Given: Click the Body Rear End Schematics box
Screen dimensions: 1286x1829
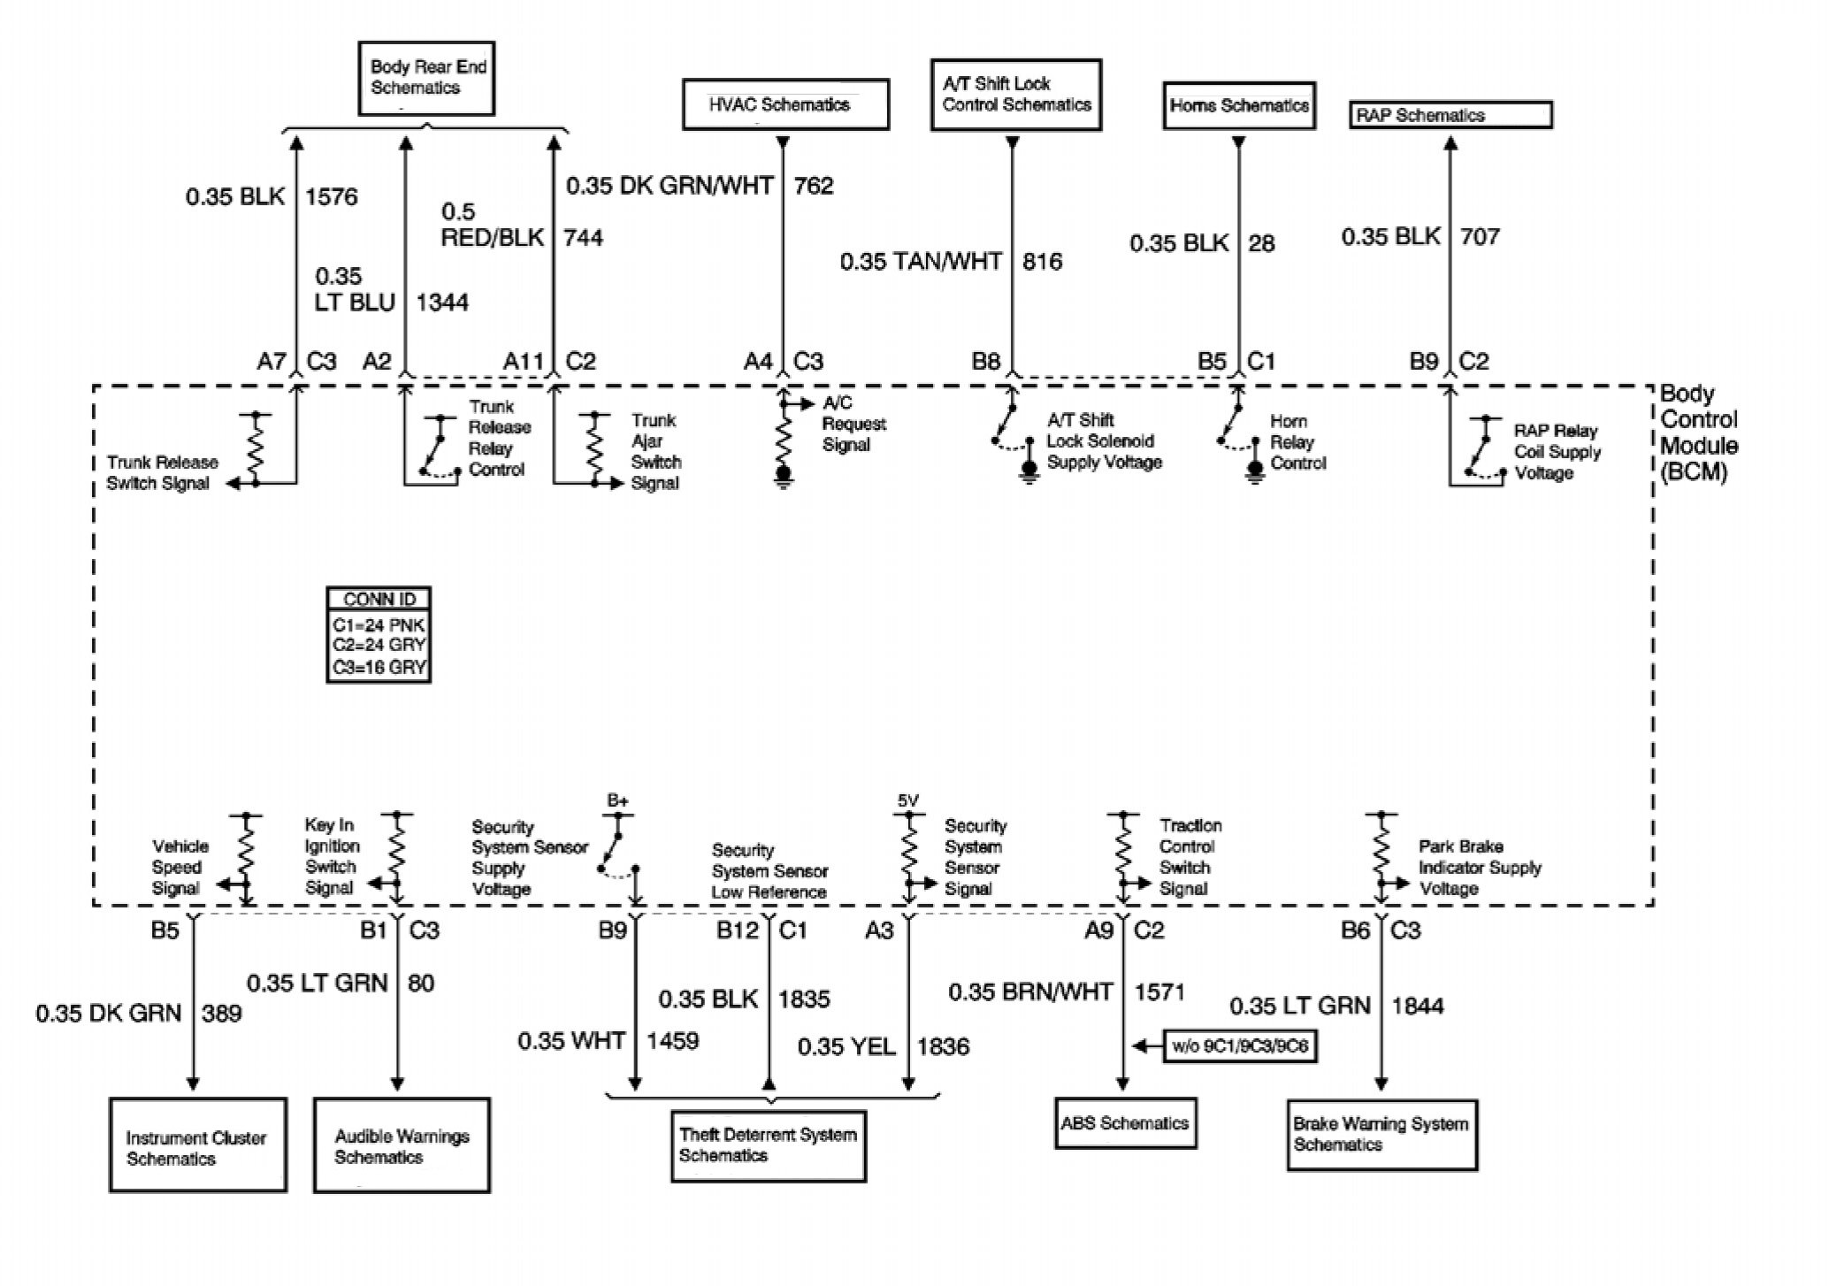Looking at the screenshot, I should click(426, 78).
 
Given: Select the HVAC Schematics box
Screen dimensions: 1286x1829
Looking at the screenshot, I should click(785, 105).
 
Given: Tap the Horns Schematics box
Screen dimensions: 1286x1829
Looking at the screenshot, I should click(1238, 106).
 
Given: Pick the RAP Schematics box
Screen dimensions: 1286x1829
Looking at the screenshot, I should click(1450, 115).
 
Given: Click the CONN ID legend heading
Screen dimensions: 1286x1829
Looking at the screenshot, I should click(379, 599).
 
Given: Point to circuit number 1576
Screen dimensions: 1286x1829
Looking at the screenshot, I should click(332, 196).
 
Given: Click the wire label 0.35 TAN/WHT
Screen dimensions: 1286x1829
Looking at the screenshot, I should click(921, 262).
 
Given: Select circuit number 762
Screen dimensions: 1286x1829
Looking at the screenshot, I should click(814, 186).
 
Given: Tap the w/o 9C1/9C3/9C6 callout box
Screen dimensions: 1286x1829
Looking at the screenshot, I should click(1240, 1047).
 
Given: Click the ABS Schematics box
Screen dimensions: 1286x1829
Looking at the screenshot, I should click(1125, 1123).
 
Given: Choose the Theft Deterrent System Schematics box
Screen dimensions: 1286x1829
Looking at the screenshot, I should click(768, 1145).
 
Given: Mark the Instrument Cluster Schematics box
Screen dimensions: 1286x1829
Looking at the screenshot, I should click(197, 1147).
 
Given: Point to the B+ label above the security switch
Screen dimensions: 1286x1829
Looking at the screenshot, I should click(617, 800).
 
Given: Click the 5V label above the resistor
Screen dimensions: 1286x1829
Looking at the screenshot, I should click(907, 800).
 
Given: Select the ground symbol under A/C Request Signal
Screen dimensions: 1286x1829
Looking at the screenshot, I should click(783, 478).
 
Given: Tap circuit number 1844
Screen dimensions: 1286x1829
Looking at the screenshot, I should click(1417, 1006).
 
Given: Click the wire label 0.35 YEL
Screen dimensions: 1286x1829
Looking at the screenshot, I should click(846, 1047).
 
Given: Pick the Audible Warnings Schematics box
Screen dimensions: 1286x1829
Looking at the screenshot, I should click(402, 1146).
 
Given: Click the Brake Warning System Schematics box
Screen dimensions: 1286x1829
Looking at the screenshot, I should click(1381, 1135).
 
